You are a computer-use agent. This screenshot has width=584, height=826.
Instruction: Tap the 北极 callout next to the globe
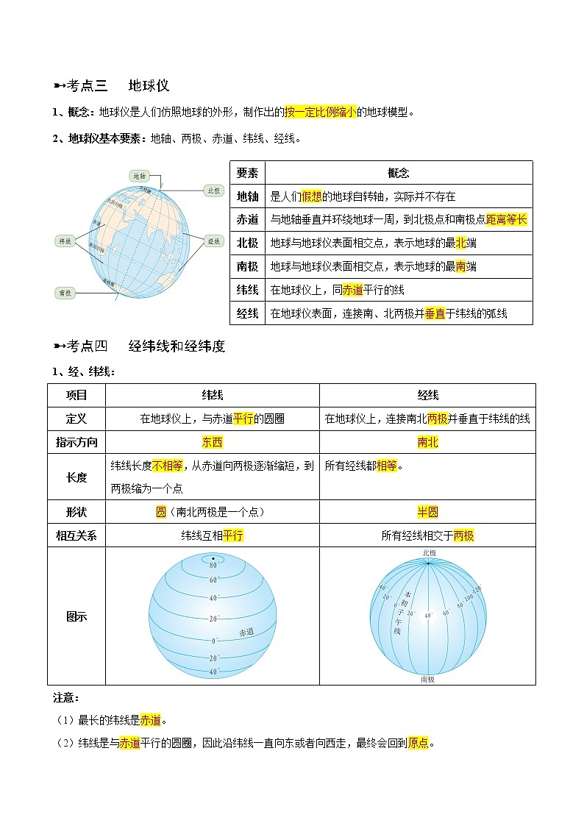(213, 190)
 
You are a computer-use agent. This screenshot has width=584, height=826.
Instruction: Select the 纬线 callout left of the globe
(65, 241)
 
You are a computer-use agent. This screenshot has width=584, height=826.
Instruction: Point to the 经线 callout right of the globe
(214, 241)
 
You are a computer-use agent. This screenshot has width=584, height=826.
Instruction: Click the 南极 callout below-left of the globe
(65, 292)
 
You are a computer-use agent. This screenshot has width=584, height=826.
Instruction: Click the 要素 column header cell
(247, 173)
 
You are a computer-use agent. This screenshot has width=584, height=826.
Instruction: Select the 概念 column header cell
(398, 173)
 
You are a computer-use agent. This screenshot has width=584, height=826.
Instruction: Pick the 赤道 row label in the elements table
(247, 219)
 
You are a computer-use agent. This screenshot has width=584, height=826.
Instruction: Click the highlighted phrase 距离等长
(507, 219)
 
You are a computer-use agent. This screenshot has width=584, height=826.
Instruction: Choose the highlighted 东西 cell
(212, 442)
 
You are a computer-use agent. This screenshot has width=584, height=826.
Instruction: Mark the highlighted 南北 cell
(427, 442)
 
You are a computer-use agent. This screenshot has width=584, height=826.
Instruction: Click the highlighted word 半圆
(427, 512)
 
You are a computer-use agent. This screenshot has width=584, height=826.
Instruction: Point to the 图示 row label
(76, 616)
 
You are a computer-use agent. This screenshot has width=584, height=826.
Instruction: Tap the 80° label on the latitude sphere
(213, 566)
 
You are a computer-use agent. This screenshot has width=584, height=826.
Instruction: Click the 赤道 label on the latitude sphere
(246, 632)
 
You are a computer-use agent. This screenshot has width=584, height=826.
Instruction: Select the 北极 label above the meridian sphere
(428, 552)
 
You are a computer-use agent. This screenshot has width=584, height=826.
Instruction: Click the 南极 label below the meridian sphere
(427, 680)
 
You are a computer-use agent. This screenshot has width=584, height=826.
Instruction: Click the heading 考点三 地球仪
(118, 85)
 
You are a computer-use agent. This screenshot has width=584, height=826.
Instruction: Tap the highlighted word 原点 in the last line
(419, 743)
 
